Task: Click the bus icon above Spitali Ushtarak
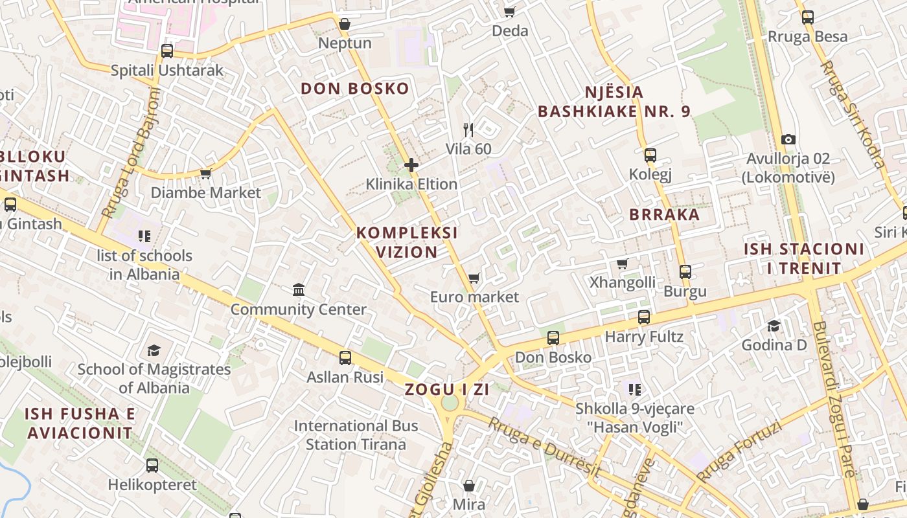(x=167, y=51)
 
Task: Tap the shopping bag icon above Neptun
(x=345, y=25)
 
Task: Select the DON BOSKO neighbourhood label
(x=355, y=89)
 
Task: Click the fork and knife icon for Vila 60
(x=469, y=130)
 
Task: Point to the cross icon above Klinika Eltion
(x=411, y=166)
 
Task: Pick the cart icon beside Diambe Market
(x=206, y=174)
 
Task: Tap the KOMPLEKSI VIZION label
(x=407, y=242)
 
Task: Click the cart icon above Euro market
(x=474, y=278)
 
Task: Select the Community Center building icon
(x=299, y=289)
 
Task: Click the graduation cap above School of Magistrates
(x=154, y=350)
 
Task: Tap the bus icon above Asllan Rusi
(x=345, y=357)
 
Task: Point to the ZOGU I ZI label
(x=447, y=390)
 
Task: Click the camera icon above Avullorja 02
(x=788, y=139)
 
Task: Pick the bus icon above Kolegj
(x=650, y=155)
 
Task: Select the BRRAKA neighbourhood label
(x=665, y=215)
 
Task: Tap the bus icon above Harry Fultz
(x=644, y=317)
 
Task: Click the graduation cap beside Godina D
(x=774, y=326)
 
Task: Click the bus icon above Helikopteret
(x=152, y=465)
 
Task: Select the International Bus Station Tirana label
(x=356, y=435)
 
